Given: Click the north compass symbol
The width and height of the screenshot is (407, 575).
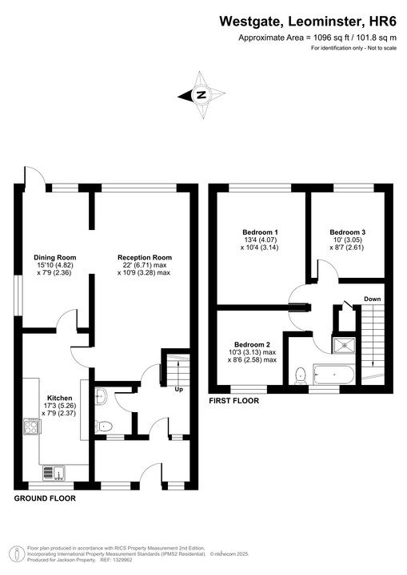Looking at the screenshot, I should pos(202,95).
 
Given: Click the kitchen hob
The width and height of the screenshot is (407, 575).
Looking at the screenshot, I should pos(33,427).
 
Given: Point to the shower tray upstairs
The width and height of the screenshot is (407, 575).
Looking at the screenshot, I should pos(345,344).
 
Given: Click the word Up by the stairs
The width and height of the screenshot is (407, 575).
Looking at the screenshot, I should pos(178,390).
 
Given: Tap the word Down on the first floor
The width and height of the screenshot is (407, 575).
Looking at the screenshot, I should pos(372,299).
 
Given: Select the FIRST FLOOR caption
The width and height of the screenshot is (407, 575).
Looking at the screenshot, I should pos(233,401).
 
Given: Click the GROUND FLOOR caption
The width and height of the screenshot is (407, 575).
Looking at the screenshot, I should pos(45,498).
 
